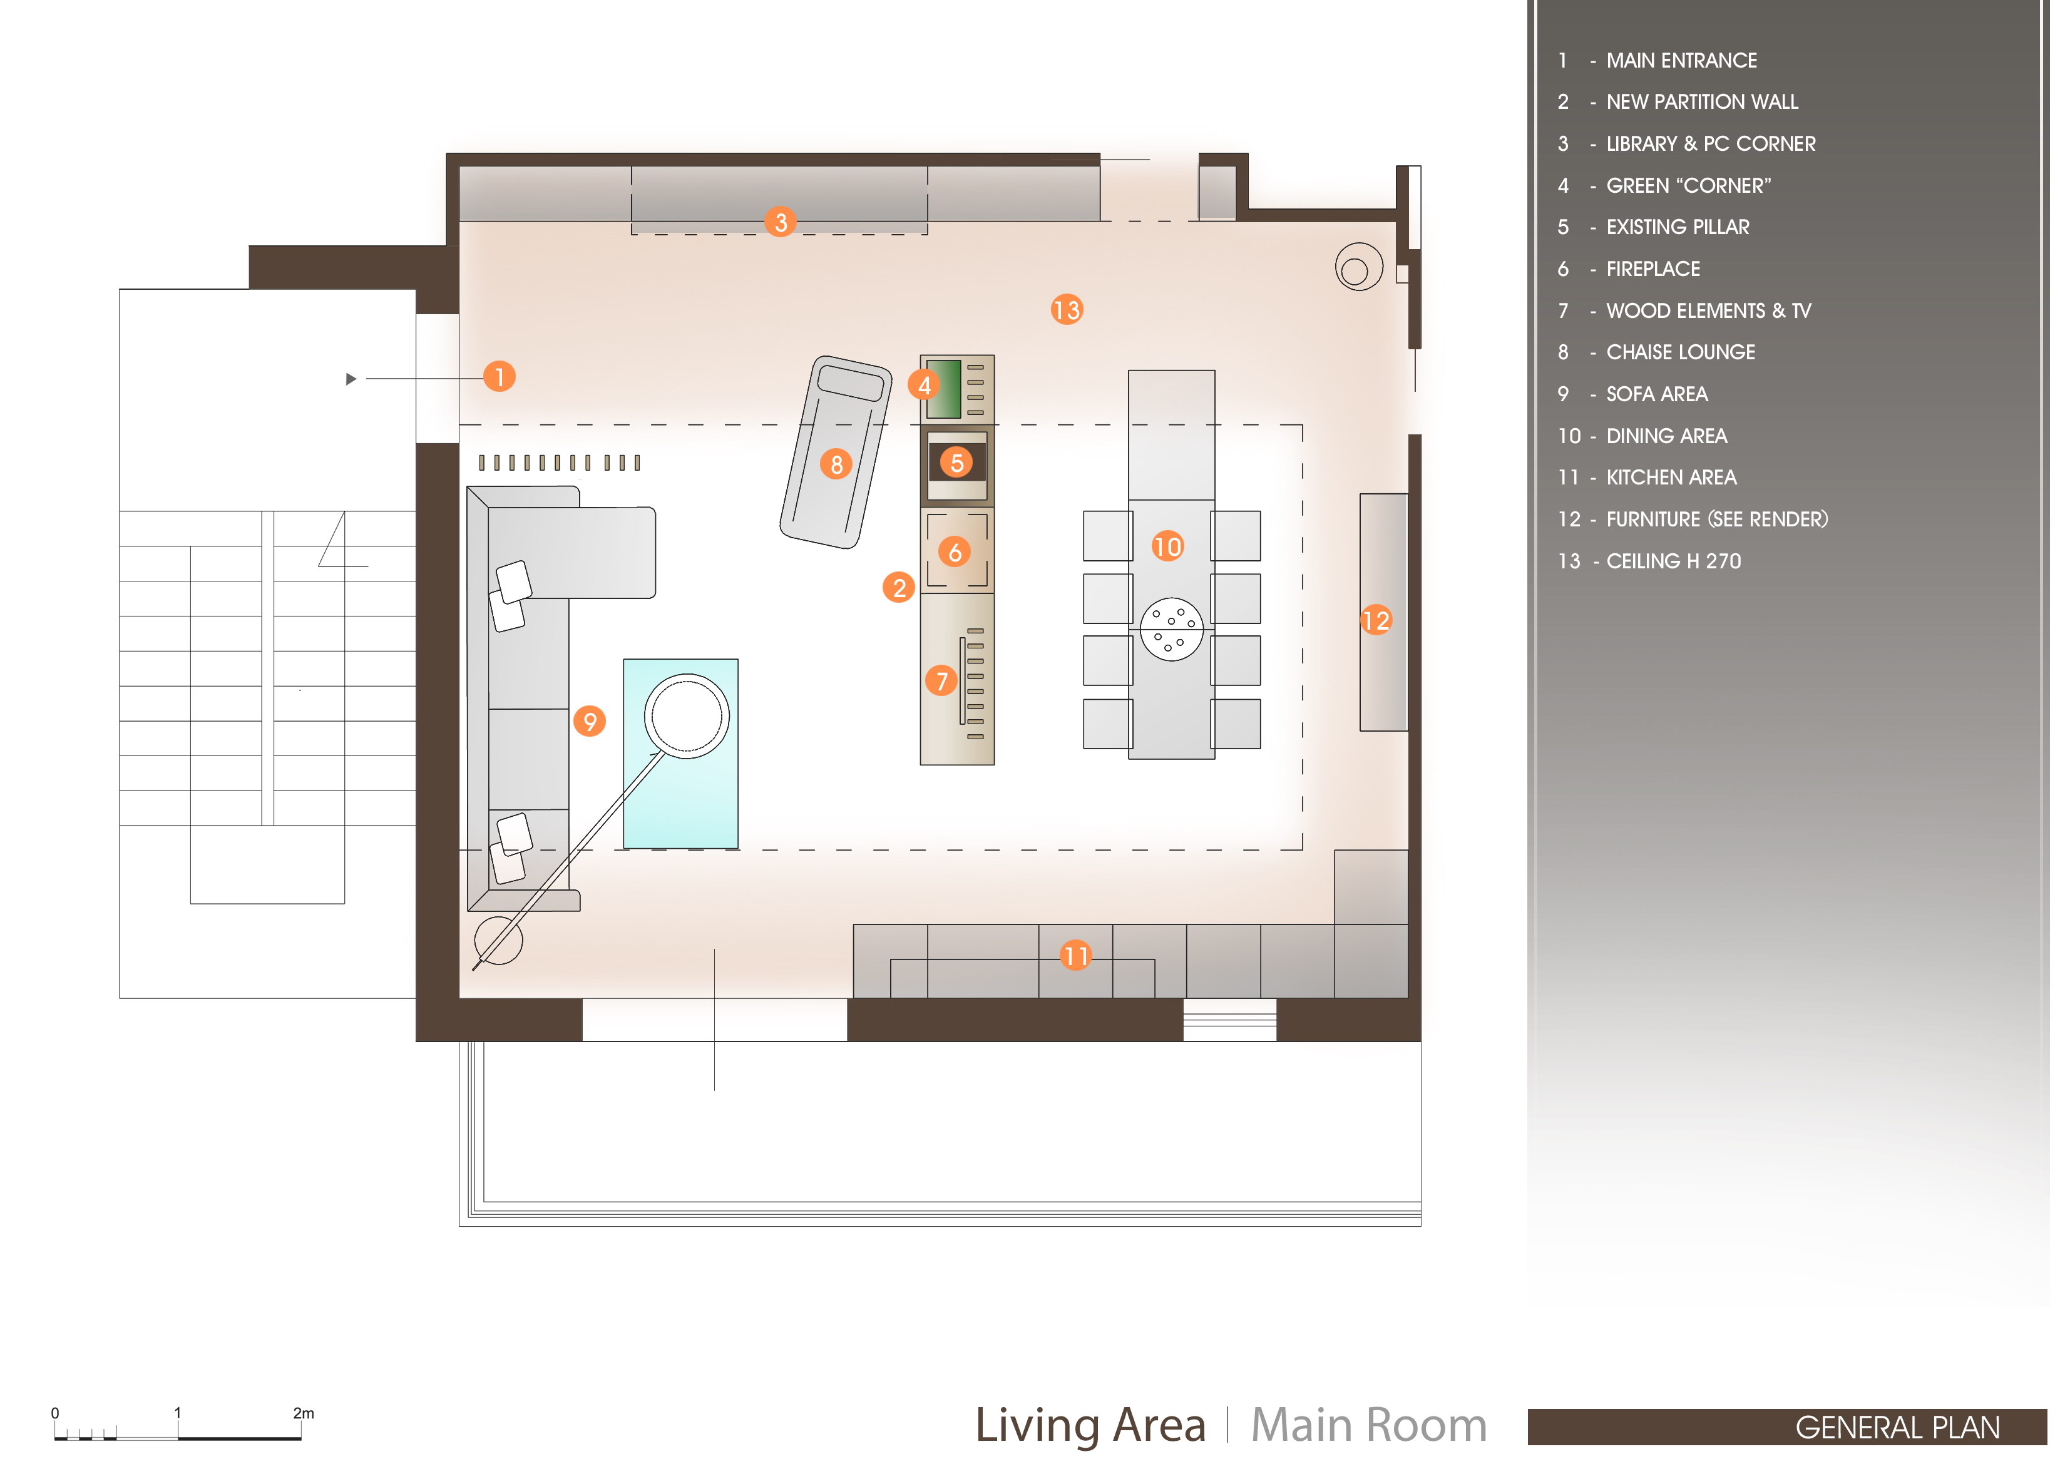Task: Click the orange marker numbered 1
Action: point(500,376)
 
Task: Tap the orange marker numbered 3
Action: point(781,222)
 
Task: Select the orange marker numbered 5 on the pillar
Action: point(956,463)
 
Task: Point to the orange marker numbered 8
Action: point(837,464)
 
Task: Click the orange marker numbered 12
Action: point(1376,620)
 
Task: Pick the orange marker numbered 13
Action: point(1067,310)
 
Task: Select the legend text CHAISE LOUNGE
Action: point(1681,352)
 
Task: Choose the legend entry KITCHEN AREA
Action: point(1671,478)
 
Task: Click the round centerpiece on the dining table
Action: point(1171,629)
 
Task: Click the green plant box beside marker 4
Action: point(943,389)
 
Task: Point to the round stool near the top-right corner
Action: point(1359,267)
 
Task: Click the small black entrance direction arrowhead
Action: point(352,379)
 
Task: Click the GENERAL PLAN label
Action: point(1898,1428)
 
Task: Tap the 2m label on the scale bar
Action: point(304,1413)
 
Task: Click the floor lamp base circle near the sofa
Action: point(499,940)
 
